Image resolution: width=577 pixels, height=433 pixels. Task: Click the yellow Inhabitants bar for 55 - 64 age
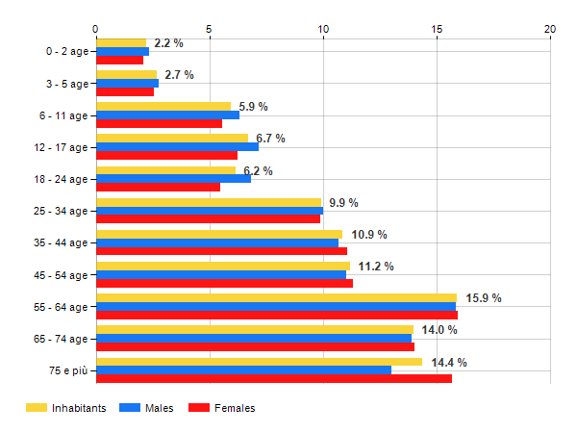pyautogui.click(x=276, y=298)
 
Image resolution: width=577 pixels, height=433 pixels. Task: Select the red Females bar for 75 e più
pyautogui.click(x=273, y=379)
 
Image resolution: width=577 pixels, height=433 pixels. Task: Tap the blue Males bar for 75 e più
pyautogui.click(x=243, y=370)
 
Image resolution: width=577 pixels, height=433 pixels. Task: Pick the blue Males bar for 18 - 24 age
pyautogui.click(x=173, y=178)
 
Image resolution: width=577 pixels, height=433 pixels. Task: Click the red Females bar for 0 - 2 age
pyautogui.click(x=119, y=60)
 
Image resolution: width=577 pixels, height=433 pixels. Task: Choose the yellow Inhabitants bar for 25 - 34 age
pyautogui.click(x=208, y=202)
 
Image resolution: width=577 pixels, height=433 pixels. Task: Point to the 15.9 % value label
pyautogui.click(x=484, y=298)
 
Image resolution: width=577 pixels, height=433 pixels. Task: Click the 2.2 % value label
pyautogui.click(x=168, y=43)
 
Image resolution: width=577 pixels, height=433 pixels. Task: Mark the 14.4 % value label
pyautogui.click(x=449, y=363)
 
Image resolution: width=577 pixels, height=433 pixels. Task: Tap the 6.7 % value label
pyautogui.click(x=270, y=139)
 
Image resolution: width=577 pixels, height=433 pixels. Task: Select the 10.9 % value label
pyautogui.click(x=369, y=235)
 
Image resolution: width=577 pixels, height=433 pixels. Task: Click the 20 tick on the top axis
pyautogui.click(x=550, y=29)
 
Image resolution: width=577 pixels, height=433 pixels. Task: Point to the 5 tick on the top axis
pyautogui.click(x=209, y=29)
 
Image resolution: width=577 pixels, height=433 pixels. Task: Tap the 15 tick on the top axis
pyautogui.click(x=437, y=29)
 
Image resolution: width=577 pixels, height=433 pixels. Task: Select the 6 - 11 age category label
pyautogui.click(x=63, y=115)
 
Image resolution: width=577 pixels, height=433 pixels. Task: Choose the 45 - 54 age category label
pyautogui.click(x=60, y=275)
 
